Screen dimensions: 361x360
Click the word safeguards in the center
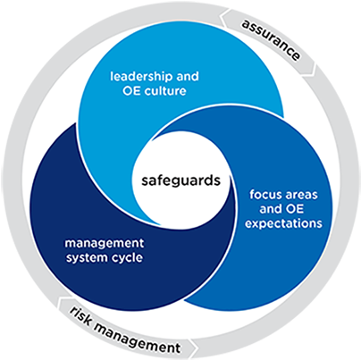[x=180, y=180]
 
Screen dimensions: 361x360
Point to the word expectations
[x=283, y=223]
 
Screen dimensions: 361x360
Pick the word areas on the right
[x=300, y=195]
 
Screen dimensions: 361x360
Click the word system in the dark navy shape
[x=84, y=258]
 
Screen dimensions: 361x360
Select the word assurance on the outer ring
[x=271, y=40]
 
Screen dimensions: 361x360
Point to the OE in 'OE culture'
[x=131, y=91]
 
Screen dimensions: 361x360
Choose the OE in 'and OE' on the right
[x=295, y=209]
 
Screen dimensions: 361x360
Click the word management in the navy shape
[x=105, y=244]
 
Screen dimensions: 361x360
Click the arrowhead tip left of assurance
[x=220, y=16]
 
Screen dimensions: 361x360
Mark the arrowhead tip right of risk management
[x=197, y=347]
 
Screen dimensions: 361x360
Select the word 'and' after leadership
[x=188, y=77]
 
